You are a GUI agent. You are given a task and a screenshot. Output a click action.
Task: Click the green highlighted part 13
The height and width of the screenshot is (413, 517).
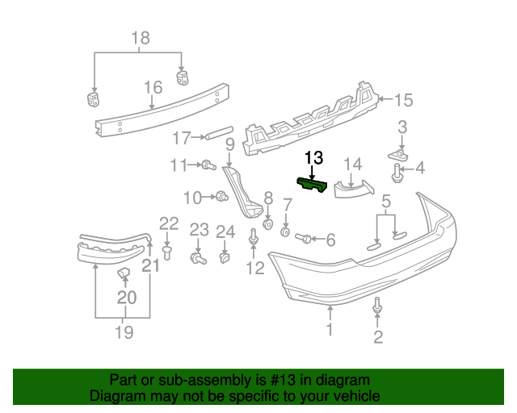pyautogui.click(x=313, y=186)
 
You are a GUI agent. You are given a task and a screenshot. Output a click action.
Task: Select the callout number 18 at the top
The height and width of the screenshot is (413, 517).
pyautogui.click(x=140, y=38)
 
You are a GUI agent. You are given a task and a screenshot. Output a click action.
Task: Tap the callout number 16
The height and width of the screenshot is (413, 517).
pyautogui.click(x=153, y=87)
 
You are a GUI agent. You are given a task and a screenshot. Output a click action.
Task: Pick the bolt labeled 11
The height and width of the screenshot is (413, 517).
pyautogui.click(x=208, y=165)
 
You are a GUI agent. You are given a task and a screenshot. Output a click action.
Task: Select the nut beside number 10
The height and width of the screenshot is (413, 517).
pyautogui.click(x=219, y=195)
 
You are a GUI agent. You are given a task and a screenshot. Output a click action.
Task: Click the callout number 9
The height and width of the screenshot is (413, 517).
pyautogui.click(x=229, y=145)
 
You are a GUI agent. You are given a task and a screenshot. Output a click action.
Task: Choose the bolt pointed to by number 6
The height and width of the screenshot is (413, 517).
pyautogui.click(x=303, y=238)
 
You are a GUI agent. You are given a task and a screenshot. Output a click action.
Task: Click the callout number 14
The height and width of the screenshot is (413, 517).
pyautogui.click(x=352, y=165)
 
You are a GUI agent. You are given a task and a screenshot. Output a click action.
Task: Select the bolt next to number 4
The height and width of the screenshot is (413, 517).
pyautogui.click(x=397, y=171)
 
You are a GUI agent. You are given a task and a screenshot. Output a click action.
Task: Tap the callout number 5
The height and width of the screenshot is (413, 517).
pyautogui.click(x=386, y=200)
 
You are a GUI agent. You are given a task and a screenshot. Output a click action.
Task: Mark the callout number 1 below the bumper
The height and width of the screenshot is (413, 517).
pyautogui.click(x=330, y=329)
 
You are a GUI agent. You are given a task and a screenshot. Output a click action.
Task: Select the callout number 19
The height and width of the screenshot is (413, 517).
pyautogui.click(x=123, y=331)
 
